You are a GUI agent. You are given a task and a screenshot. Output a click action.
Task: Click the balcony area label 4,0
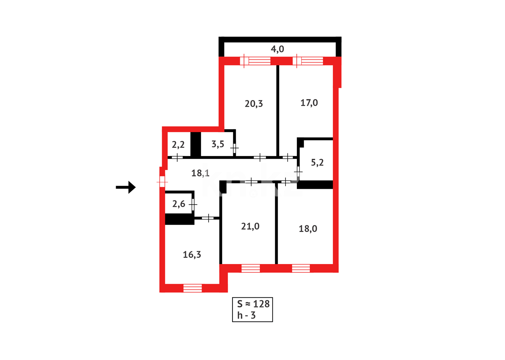point(277,49)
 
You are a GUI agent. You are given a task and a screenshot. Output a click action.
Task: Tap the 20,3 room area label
point(253,104)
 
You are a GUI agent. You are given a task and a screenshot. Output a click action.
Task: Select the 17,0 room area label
point(309,103)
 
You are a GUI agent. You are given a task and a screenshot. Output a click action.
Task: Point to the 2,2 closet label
point(178,145)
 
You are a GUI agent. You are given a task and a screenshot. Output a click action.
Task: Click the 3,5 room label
point(218,144)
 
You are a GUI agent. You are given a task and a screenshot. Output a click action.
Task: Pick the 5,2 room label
point(317,163)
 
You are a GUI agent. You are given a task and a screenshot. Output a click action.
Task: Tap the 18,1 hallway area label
point(200,173)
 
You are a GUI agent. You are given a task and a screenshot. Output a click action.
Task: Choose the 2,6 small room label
point(179,204)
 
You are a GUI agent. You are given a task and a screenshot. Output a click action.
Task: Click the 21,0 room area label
point(250,226)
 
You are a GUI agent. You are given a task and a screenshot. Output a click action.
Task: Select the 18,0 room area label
point(308,229)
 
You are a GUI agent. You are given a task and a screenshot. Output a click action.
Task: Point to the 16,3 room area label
point(192,255)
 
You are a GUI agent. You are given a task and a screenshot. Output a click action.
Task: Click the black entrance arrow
point(126,187)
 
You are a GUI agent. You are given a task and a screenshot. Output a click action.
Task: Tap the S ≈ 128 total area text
point(253,304)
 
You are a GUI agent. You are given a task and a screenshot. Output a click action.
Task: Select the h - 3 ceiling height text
point(247,315)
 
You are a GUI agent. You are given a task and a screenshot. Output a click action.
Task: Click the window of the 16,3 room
point(193,288)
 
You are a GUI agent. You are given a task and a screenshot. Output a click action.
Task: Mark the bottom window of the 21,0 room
point(251,268)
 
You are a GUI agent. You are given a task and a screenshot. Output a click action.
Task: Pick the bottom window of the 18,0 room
point(301,268)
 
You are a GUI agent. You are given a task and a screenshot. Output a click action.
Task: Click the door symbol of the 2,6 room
point(193,204)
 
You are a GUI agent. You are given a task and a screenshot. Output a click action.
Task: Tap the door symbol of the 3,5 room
point(235,147)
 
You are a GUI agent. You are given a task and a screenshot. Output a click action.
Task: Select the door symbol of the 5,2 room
point(298,171)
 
